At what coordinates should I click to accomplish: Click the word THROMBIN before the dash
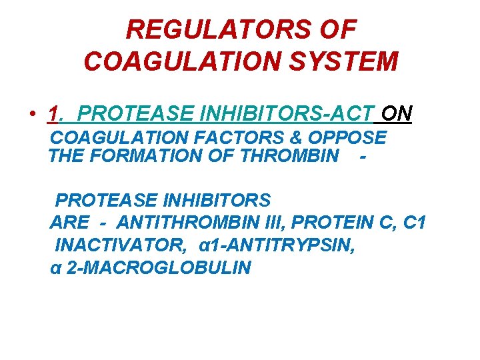click(x=290, y=156)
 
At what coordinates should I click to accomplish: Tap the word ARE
click(x=69, y=223)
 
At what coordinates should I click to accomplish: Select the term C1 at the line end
click(x=413, y=223)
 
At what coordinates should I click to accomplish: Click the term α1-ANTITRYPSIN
click(x=277, y=245)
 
